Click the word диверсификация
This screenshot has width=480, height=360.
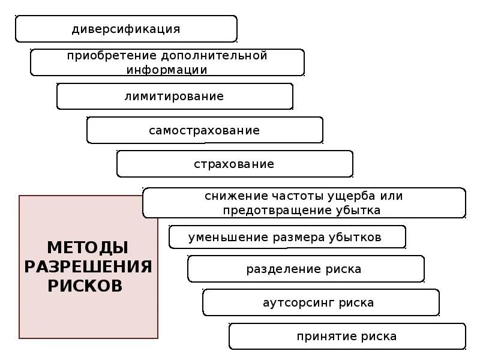(126, 29)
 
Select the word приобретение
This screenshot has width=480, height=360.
(111, 56)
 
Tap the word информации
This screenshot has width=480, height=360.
(167, 70)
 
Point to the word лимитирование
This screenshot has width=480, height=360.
(174, 96)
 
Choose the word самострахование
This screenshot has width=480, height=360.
(205, 130)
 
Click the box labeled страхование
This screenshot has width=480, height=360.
(235, 164)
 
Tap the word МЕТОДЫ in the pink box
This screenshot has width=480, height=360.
(88, 247)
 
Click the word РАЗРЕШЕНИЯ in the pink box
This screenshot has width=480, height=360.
(88, 266)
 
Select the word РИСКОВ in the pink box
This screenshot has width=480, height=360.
(85, 286)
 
